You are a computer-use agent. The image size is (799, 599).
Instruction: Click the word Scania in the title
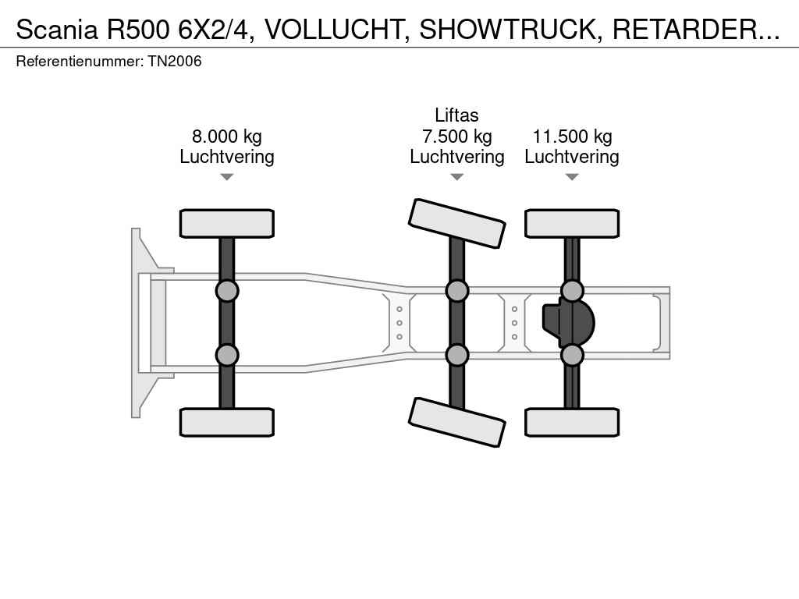coord(56,30)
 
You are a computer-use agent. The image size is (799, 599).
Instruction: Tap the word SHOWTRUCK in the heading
coord(508,30)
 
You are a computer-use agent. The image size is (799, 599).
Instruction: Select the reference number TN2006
coord(175,61)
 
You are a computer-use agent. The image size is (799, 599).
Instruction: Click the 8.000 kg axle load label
coord(227,136)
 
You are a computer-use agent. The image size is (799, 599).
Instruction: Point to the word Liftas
coord(456,115)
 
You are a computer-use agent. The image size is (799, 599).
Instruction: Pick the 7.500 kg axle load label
coord(457,136)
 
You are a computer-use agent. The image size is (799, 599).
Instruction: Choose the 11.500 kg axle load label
coord(572,136)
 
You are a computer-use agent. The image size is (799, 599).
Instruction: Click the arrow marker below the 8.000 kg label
coord(227,177)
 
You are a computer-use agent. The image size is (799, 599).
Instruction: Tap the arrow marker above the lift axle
coord(457,177)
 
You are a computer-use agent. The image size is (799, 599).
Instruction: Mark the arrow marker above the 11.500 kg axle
coord(572,177)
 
